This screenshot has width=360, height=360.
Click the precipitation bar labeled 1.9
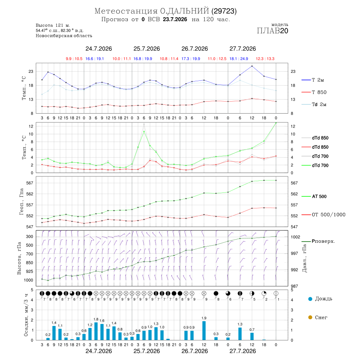pyautogui.click(x=204, y=330)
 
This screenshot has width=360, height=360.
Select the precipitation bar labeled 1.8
pyautogui.click(x=96, y=331)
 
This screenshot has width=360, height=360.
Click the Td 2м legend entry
pyautogui.click(x=314, y=104)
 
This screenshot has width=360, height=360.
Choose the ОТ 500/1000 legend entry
pyautogui.click(x=324, y=215)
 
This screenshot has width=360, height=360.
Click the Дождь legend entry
pyautogui.click(x=320, y=299)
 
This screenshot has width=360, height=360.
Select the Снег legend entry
pyautogui.click(x=318, y=317)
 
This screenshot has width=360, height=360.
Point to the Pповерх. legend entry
pyautogui.click(x=318, y=241)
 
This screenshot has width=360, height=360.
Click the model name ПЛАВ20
pyautogui.click(x=272, y=31)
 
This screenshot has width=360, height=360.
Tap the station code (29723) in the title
pyautogui.click(x=224, y=11)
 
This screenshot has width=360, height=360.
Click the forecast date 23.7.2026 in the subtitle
pyautogui.click(x=175, y=19)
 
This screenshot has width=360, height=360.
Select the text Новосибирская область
pyautogui.click(x=64, y=36)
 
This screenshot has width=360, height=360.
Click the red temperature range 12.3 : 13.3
pyautogui.click(x=265, y=59)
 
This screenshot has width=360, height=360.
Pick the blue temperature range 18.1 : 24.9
pyautogui.click(x=239, y=59)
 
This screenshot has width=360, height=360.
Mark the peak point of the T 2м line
pyautogui.click(x=252, y=66)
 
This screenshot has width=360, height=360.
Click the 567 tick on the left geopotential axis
pyautogui.click(x=30, y=183)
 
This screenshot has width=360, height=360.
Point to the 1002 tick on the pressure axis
pyautogui.click(x=296, y=237)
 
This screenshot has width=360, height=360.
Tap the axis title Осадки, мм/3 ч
pyautogui.click(x=26, y=315)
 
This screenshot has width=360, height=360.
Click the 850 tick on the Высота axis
pyautogui.click(x=30, y=263)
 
